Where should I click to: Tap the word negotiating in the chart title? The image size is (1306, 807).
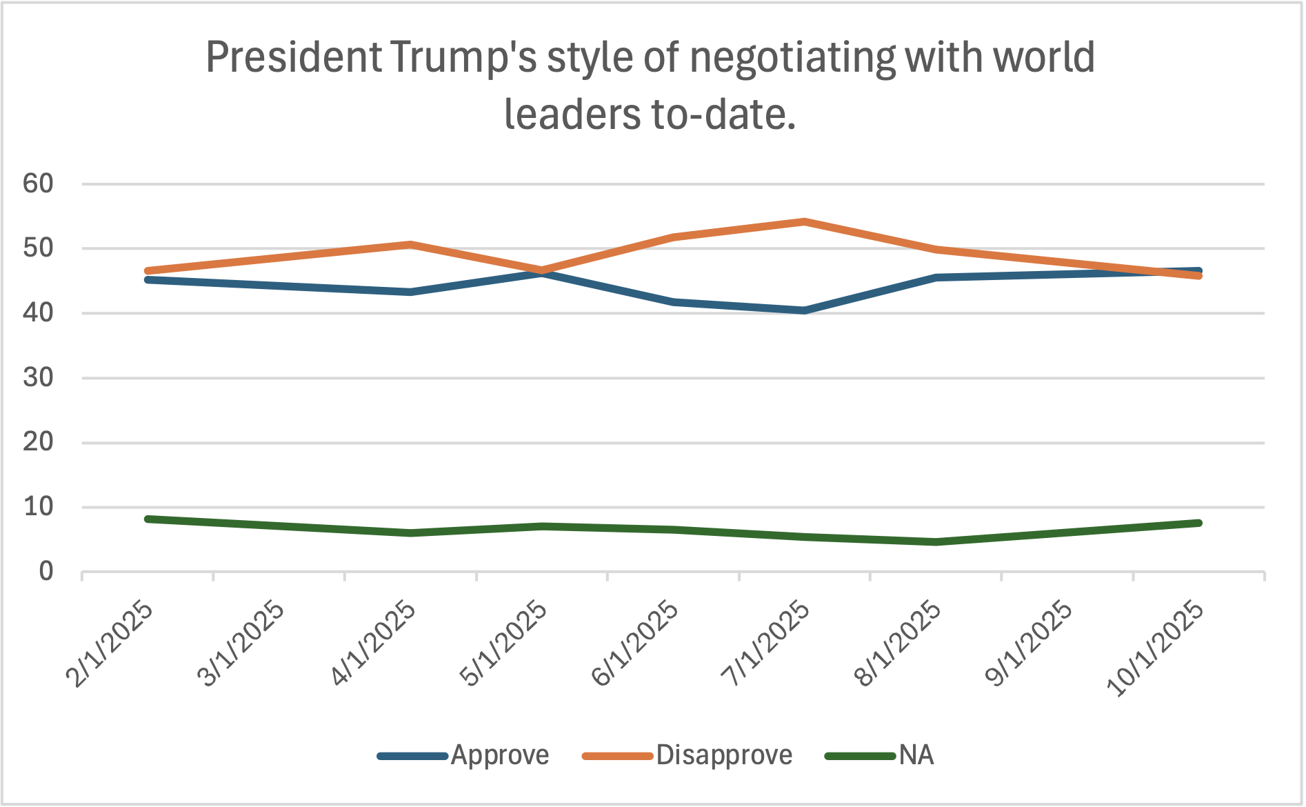tap(793, 58)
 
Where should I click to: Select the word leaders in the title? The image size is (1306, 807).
tap(573, 114)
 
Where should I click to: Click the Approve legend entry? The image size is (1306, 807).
tap(499, 756)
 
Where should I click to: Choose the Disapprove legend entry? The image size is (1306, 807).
tap(724, 756)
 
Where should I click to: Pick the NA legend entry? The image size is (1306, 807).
tap(916, 756)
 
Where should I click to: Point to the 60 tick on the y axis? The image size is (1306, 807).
tap(39, 184)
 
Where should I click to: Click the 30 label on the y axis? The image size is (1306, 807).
tap(39, 378)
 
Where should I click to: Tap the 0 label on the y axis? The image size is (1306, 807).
tap(46, 572)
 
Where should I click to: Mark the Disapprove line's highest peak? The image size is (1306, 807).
tap(804, 221)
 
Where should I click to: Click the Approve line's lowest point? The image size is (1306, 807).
tap(804, 310)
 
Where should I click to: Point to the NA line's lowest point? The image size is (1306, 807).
tap(936, 542)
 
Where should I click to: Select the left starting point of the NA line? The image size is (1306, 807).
tap(148, 519)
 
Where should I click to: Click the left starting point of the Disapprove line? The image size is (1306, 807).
tap(148, 271)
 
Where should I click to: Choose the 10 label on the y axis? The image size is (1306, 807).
tap(39, 508)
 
